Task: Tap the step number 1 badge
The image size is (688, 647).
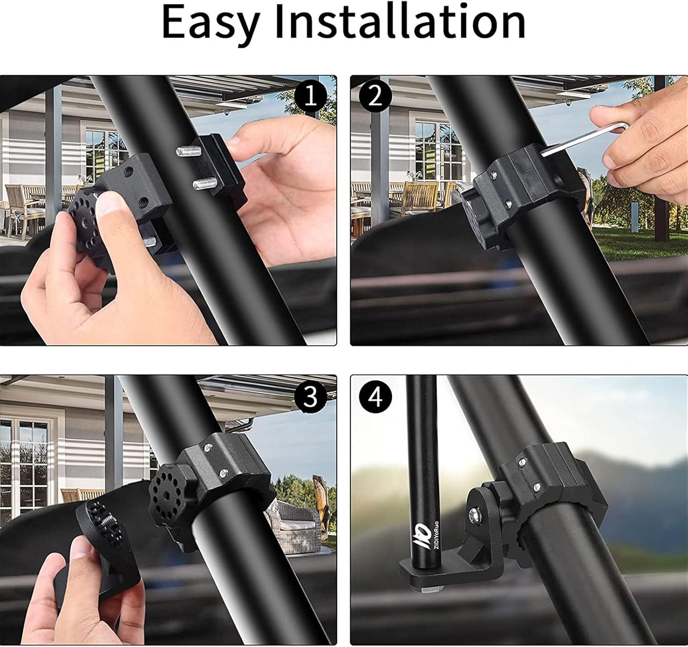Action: pos(311,97)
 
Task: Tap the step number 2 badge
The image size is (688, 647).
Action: pos(376,97)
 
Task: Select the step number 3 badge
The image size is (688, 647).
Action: pos(311,396)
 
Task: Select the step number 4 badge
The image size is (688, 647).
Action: pos(376,396)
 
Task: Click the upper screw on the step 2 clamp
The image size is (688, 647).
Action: pos(492,174)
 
